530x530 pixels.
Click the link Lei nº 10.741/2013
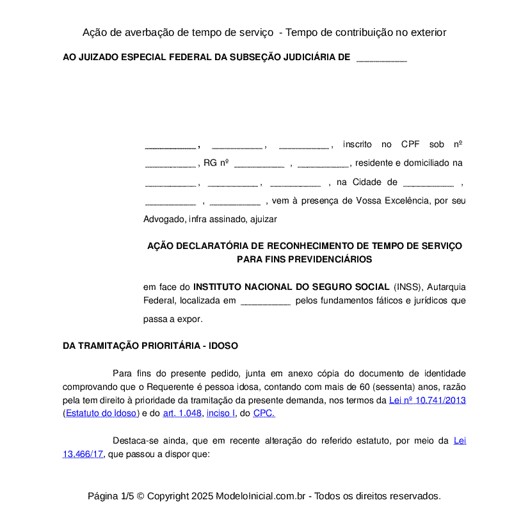(x=427, y=400)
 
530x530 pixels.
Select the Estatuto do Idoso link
(x=101, y=413)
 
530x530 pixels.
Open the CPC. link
(x=264, y=413)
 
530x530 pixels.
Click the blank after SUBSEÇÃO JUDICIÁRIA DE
(x=381, y=58)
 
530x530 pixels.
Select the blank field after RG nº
(x=259, y=163)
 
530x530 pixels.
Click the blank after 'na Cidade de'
(x=428, y=182)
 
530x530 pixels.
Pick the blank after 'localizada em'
(x=265, y=301)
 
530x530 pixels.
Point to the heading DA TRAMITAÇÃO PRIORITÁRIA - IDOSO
(x=150, y=346)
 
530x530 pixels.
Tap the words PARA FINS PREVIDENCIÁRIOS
(x=304, y=259)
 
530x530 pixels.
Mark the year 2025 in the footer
(x=202, y=496)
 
